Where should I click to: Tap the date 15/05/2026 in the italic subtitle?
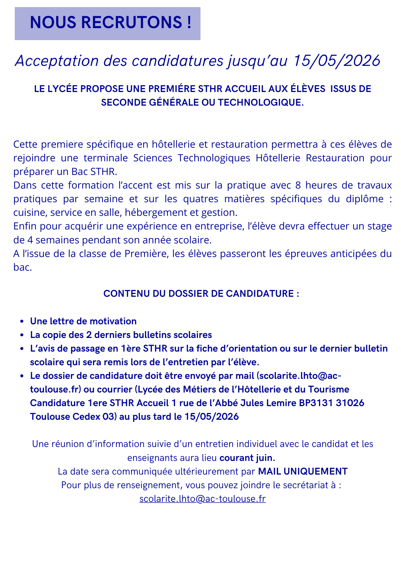(x=337, y=61)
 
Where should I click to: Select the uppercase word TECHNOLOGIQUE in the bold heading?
(x=259, y=103)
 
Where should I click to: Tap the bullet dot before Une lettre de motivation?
(x=22, y=321)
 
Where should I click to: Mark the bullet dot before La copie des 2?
(x=22, y=335)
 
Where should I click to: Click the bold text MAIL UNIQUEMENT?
(x=303, y=471)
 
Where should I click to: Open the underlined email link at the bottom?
(x=202, y=499)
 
